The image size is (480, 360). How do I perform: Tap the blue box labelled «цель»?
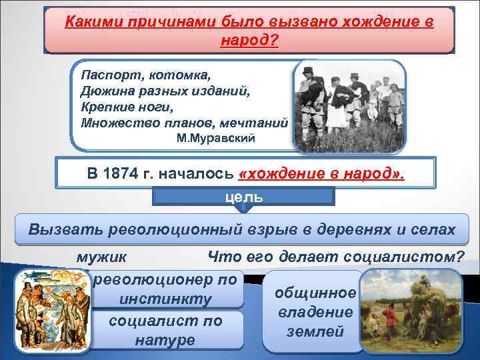pos(244,197)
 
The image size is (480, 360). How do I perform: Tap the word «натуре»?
pos(165,340)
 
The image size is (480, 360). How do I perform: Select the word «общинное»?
pos(315,293)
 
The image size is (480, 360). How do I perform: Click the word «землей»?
pos(315,331)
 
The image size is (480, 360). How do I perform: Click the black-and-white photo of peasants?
pos(350,107)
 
